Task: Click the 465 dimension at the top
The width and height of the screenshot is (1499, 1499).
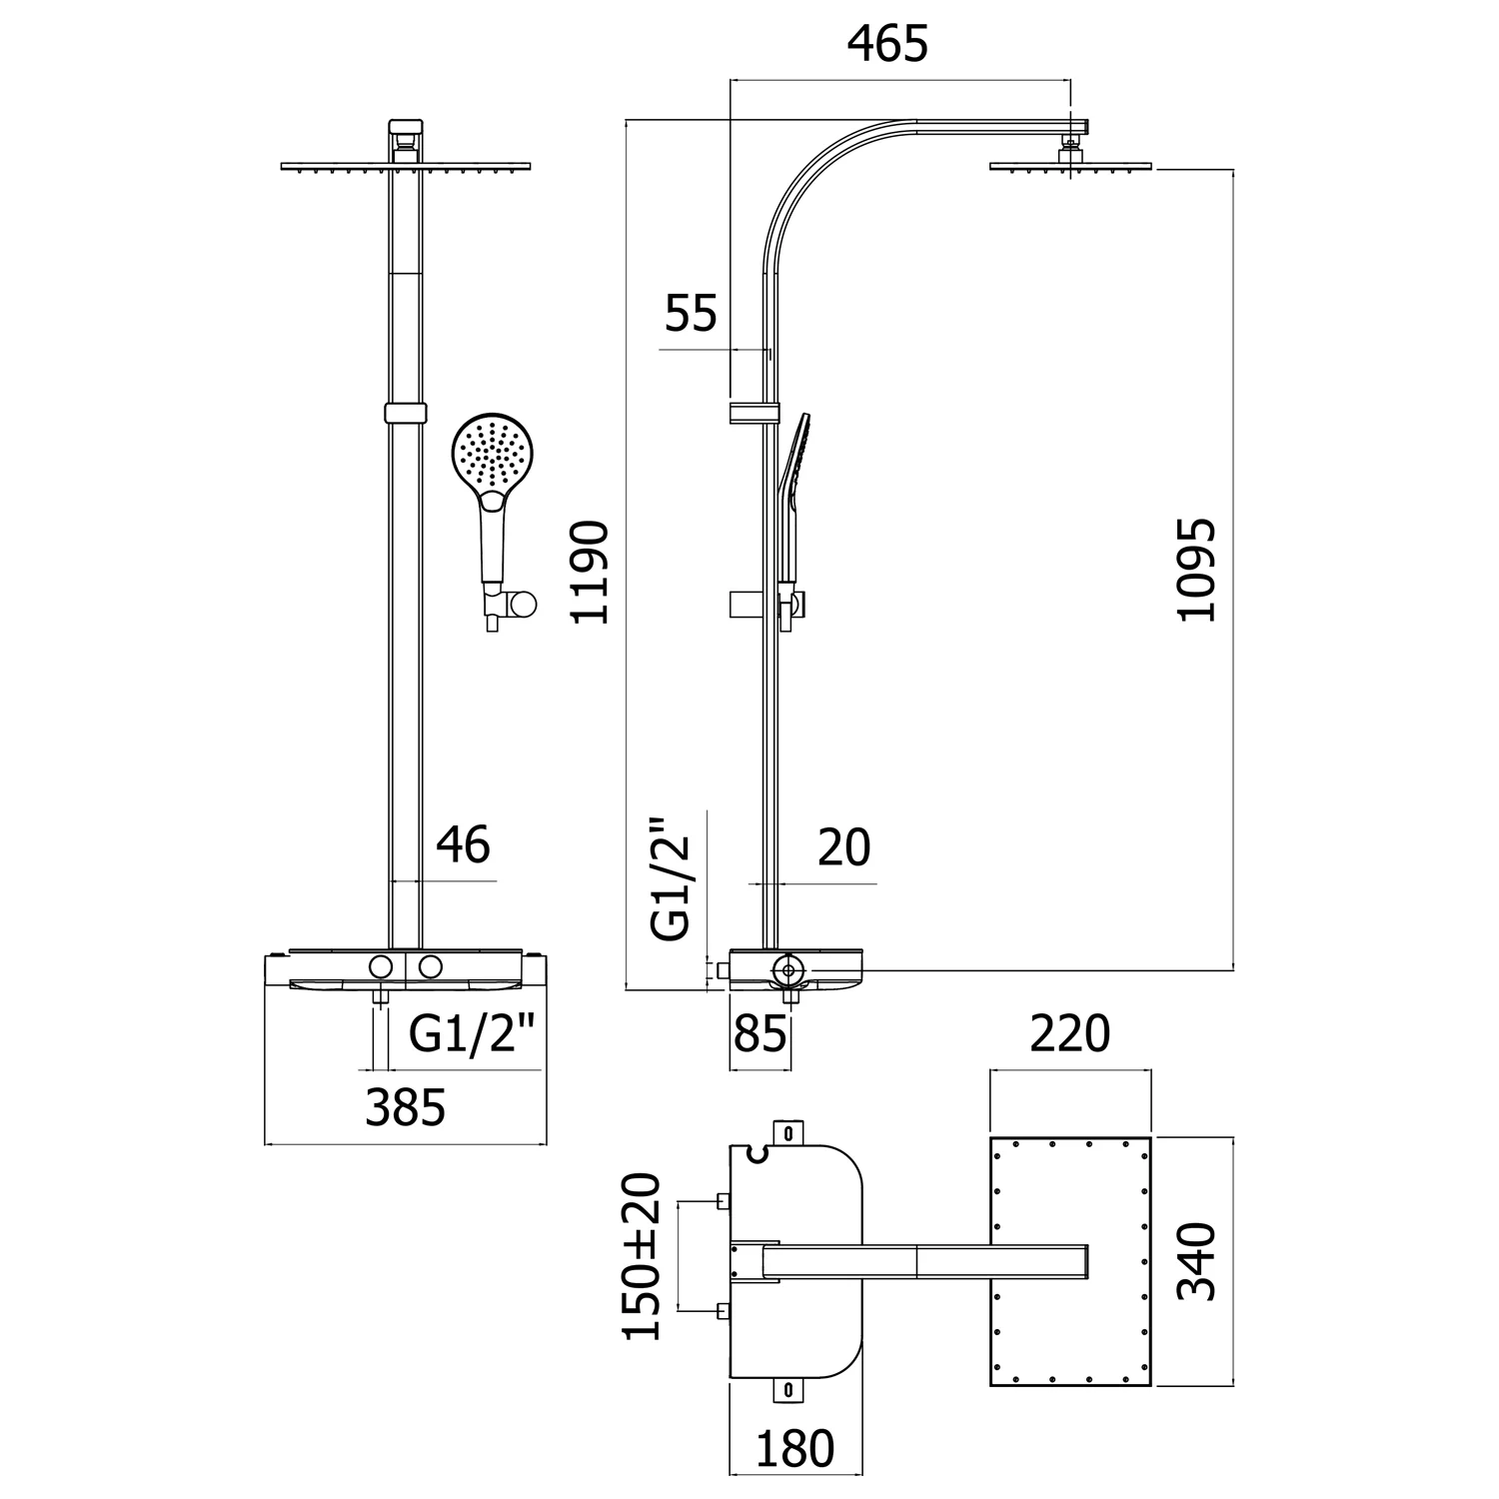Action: click(x=887, y=45)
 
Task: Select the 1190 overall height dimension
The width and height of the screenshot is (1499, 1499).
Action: click(x=590, y=572)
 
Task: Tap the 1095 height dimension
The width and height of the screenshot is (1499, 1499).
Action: click(x=1196, y=570)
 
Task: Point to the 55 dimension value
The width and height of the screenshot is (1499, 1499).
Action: click(x=692, y=314)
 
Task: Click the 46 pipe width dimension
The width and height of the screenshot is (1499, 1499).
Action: click(x=463, y=845)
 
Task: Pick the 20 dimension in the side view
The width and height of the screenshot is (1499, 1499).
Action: click(x=844, y=848)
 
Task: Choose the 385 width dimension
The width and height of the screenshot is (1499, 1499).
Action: click(x=405, y=1108)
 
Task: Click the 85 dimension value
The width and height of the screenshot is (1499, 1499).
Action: click(x=759, y=1035)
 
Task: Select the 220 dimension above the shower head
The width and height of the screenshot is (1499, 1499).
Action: click(x=1069, y=1034)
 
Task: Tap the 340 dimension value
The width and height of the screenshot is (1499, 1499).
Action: click(x=1196, y=1261)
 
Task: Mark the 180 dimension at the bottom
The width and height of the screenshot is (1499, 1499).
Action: click(x=794, y=1449)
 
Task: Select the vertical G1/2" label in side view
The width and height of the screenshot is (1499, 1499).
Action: click(x=671, y=880)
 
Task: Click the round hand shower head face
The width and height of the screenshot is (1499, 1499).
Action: click(x=493, y=454)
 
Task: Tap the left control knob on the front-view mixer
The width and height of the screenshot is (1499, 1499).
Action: click(x=380, y=966)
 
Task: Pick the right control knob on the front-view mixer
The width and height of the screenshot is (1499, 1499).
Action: click(x=431, y=966)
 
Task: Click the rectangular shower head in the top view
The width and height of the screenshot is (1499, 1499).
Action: click(x=1069, y=1261)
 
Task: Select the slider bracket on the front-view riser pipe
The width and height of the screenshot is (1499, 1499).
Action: click(x=404, y=414)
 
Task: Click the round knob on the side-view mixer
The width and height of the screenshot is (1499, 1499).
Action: click(x=788, y=968)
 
